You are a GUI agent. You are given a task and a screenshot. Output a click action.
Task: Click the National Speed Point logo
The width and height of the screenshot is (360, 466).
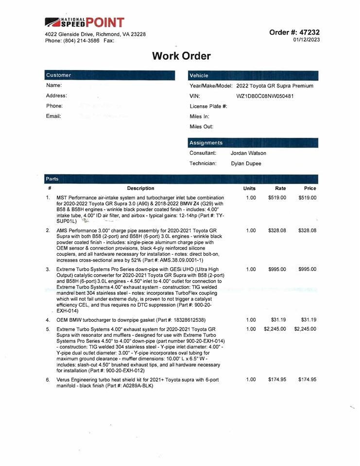tap(85, 22)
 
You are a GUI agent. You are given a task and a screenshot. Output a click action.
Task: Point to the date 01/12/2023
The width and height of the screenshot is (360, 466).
tap(307, 40)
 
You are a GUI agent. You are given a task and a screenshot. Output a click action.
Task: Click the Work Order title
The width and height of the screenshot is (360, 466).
tap(181, 56)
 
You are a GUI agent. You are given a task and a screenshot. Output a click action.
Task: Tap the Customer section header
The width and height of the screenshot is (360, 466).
tap(59, 75)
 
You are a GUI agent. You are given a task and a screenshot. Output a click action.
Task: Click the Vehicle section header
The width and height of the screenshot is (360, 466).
tap(199, 75)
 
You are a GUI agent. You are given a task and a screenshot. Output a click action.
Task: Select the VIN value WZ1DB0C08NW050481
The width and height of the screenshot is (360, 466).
tap(265, 96)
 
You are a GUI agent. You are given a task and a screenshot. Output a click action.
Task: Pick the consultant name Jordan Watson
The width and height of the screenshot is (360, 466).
tap(248, 153)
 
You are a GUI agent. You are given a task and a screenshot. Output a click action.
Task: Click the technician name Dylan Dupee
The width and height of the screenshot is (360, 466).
tap(246, 164)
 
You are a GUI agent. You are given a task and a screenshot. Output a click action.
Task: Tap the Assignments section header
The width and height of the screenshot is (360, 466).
tap(206, 143)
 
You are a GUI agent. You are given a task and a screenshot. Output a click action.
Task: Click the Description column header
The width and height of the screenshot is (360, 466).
tap(140, 188)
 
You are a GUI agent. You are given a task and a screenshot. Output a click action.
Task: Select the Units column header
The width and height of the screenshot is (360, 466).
tap(250, 188)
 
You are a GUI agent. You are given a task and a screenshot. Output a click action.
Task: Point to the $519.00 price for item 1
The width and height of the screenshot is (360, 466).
tap(307, 198)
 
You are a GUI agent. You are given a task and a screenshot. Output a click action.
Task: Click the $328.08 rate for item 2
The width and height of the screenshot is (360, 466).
tap(277, 231)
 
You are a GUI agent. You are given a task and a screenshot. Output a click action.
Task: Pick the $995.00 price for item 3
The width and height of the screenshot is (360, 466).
tap(307, 269)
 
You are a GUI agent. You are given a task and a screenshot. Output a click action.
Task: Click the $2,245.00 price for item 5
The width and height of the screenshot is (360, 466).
tap(305, 329)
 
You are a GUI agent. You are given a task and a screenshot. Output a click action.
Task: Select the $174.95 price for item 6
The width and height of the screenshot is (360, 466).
tap(307, 379)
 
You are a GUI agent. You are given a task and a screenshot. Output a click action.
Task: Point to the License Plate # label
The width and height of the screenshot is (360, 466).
tap(208, 106)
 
